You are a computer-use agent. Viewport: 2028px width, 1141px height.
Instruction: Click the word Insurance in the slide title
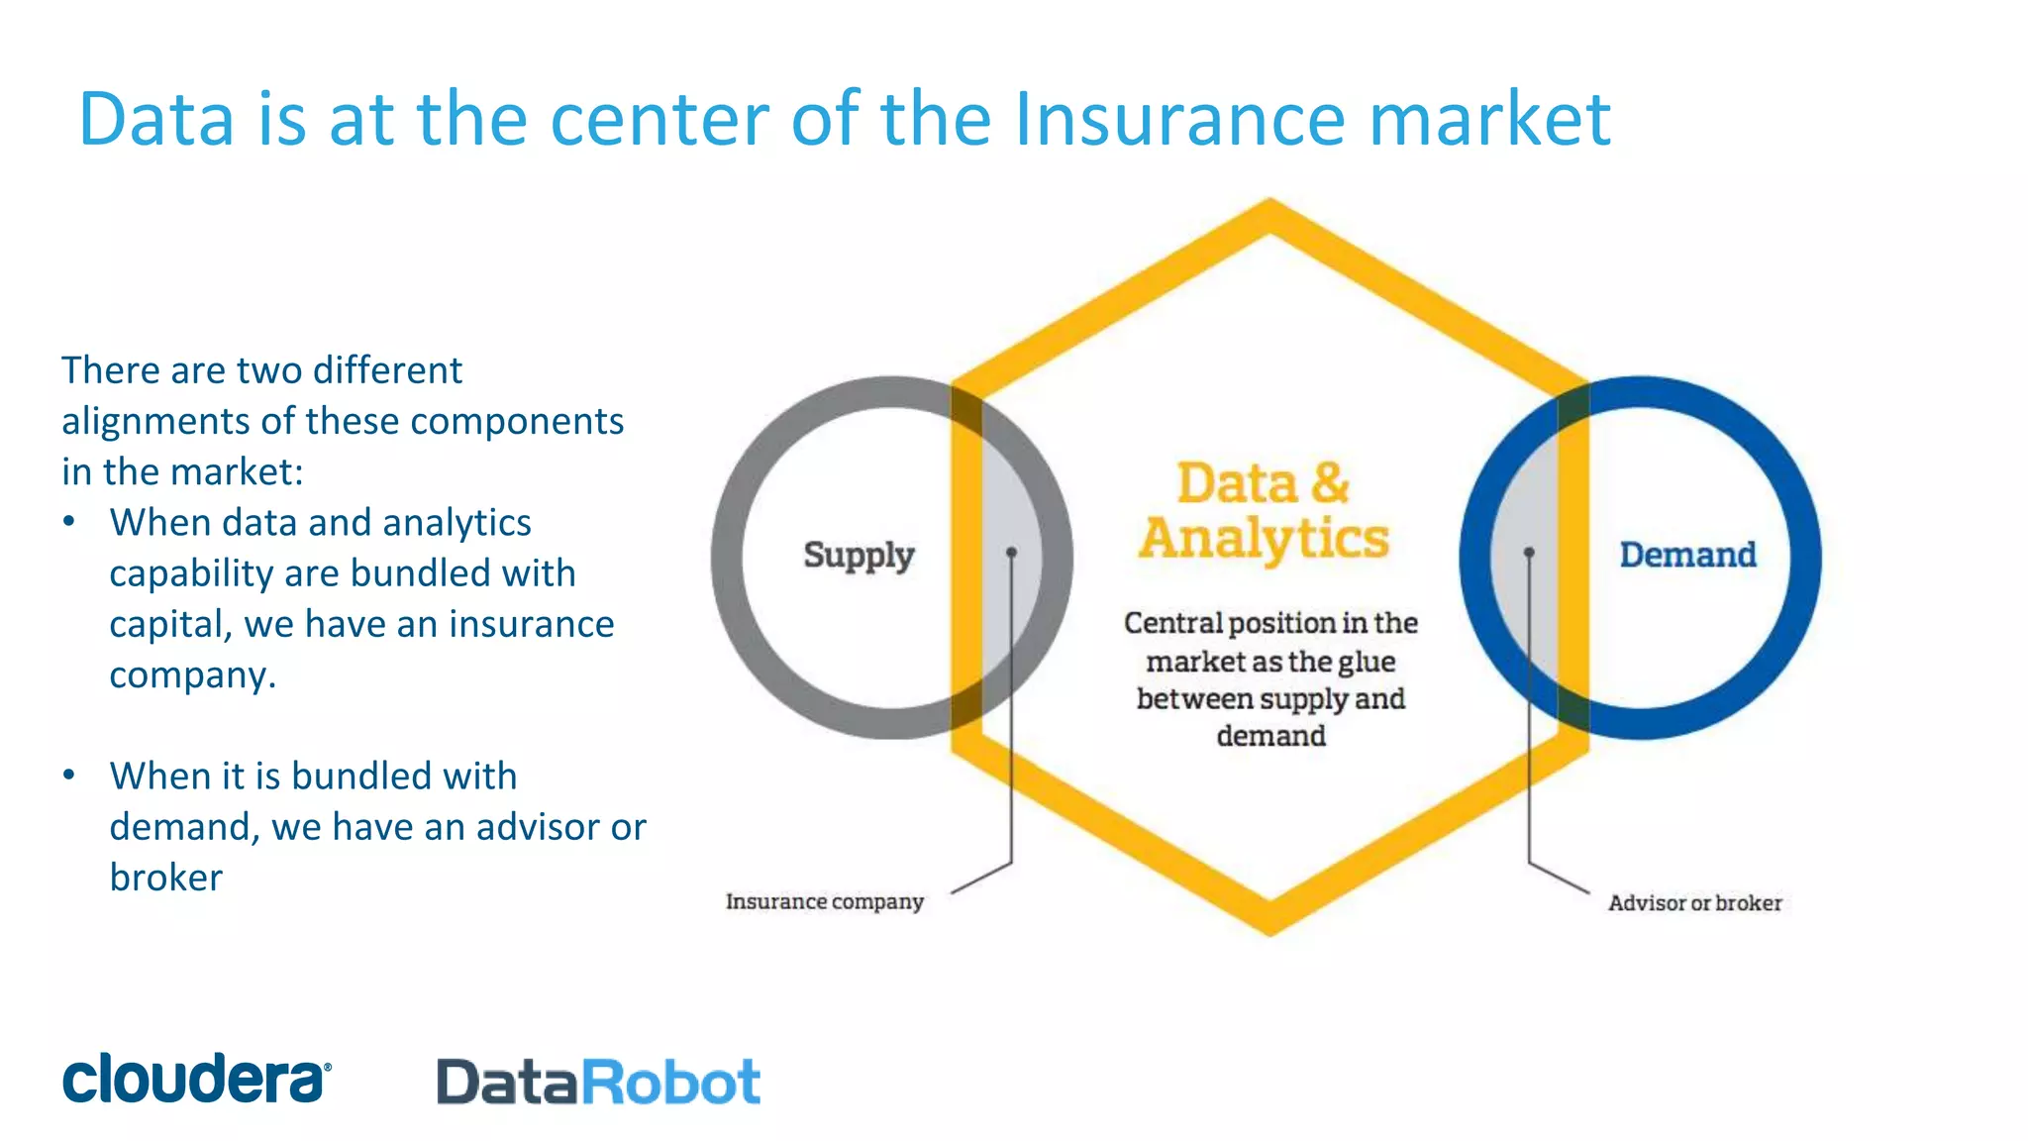1180,119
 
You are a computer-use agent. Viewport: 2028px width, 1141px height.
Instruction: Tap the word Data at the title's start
156,119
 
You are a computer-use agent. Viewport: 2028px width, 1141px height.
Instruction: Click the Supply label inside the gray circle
859,555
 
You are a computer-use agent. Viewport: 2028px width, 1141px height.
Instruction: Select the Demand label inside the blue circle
1687,555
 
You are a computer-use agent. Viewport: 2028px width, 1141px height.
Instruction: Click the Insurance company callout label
824,901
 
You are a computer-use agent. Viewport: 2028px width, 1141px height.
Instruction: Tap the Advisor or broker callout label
1694,902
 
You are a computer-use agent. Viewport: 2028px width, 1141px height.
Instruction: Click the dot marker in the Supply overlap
1011,552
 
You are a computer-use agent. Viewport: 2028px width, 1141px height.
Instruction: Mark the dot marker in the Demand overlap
1529,552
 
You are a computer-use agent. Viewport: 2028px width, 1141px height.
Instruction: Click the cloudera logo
196,1079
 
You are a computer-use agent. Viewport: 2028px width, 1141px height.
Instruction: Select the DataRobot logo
598,1082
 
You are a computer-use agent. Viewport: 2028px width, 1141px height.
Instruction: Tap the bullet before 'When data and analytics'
68,522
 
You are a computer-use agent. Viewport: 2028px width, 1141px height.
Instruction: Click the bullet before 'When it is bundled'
68,776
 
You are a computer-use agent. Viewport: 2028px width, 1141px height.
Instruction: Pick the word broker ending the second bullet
165,878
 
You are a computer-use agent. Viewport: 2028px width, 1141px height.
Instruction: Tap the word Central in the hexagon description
1172,623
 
